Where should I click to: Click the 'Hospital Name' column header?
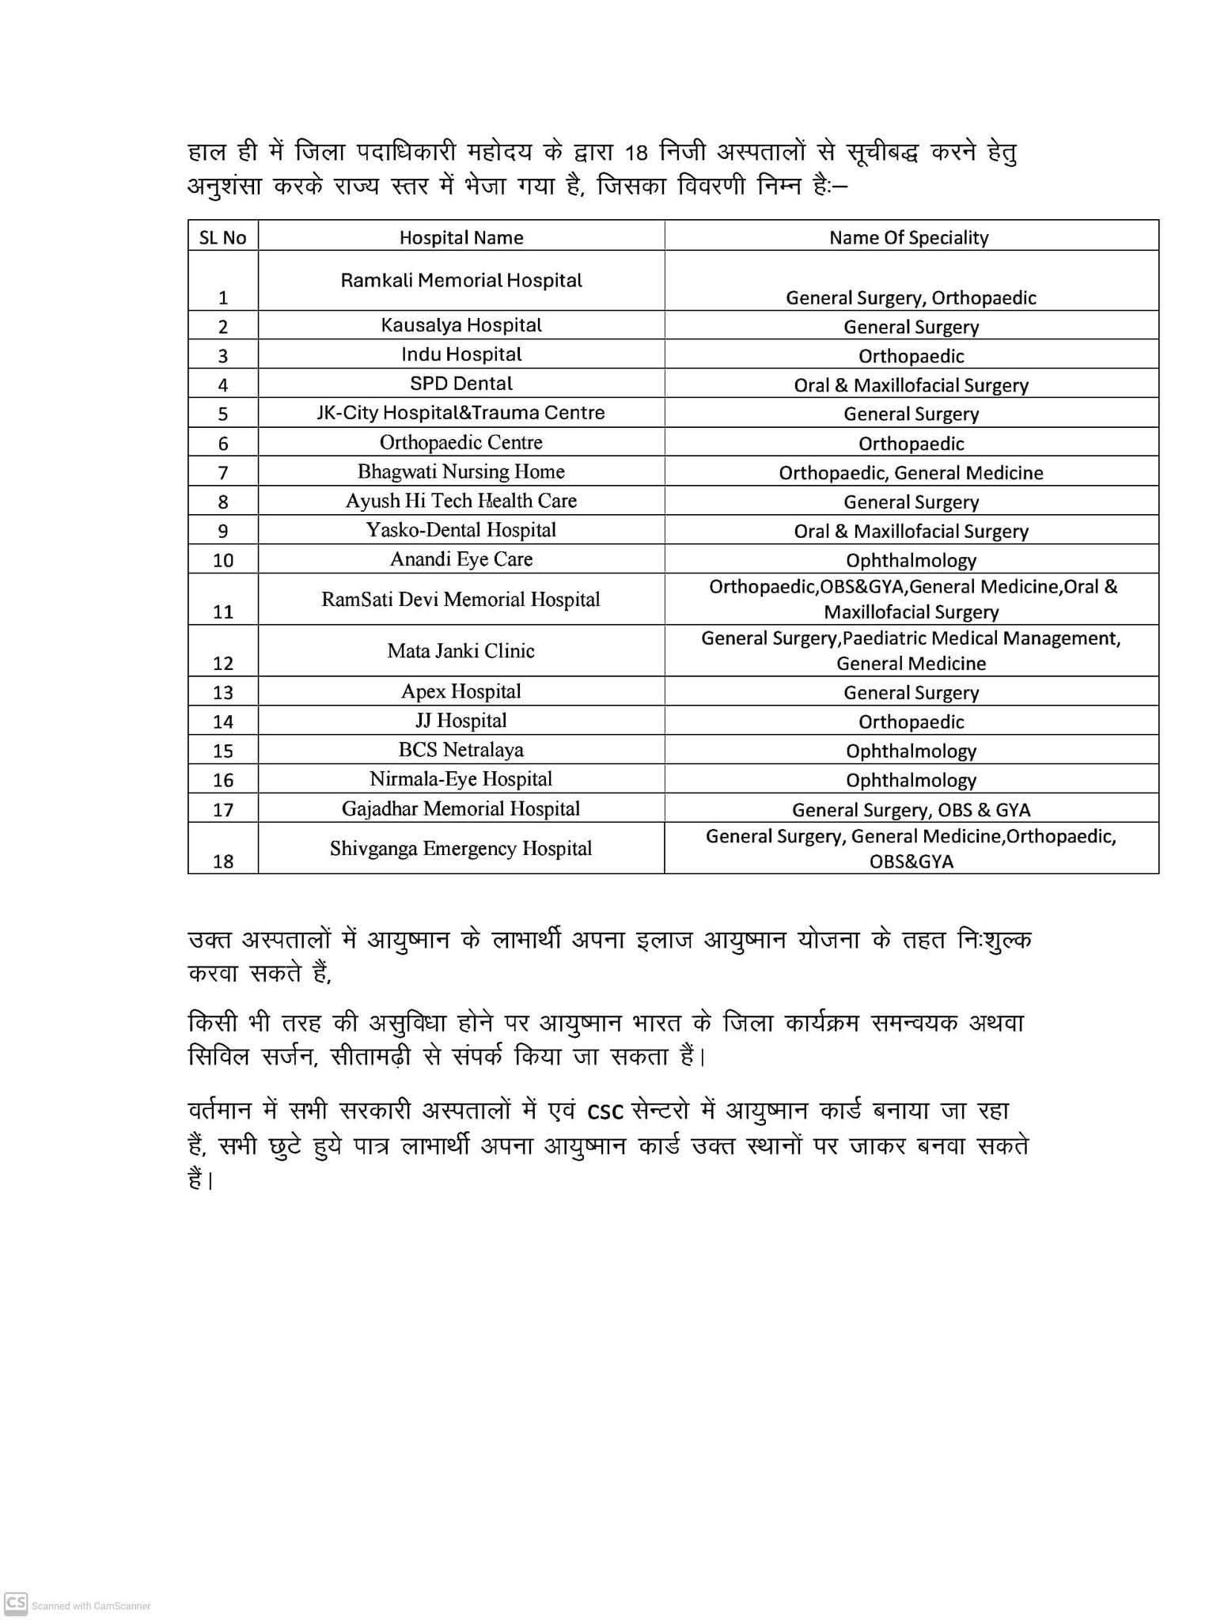[461, 237]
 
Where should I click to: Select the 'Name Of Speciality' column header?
[908, 237]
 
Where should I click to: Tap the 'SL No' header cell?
[222, 237]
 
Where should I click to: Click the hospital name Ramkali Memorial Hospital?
[461, 280]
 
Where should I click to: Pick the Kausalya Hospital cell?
[461, 325]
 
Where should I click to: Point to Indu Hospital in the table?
[461, 354]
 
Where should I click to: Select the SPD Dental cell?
[461, 384]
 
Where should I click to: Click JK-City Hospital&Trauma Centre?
[461, 413]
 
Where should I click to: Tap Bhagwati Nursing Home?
[461, 471]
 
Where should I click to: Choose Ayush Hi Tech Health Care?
[461, 501]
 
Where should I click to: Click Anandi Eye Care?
[461, 559]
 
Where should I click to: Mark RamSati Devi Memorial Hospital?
[461, 600]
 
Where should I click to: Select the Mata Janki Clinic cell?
[461, 651]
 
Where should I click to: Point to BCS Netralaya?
[461, 750]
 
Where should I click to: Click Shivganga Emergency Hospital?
[461, 849]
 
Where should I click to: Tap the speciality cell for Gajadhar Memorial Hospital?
[911, 809]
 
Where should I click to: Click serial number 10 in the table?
[223, 561]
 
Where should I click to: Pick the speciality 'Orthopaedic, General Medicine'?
[911, 473]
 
